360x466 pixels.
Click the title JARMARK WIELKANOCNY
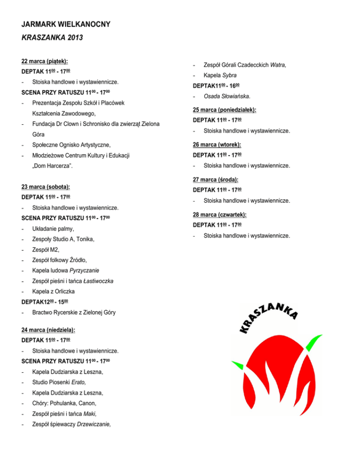pos(66,24)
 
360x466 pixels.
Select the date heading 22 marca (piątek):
pos(45,61)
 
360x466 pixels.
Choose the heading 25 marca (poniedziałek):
pos(227,110)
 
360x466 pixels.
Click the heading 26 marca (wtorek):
pos(217,144)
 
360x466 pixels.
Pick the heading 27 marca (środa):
pos(216,179)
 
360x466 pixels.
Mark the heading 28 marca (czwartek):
pos(220,214)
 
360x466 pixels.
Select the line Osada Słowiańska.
pos(227,97)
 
